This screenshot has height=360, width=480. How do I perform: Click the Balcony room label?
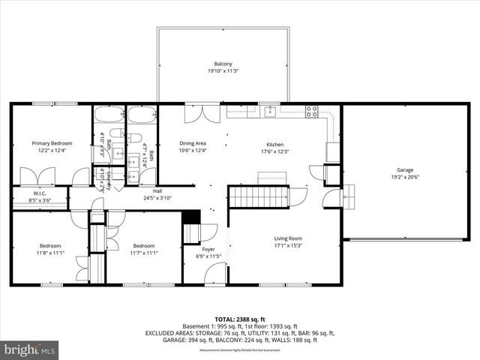click(x=223, y=64)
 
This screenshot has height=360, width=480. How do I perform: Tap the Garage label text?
click(x=406, y=169)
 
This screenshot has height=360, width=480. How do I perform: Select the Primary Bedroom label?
click(x=52, y=142)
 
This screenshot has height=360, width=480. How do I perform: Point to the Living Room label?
click(x=287, y=238)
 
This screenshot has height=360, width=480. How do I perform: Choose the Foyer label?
click(x=208, y=249)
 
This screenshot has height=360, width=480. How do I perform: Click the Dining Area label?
click(x=193, y=142)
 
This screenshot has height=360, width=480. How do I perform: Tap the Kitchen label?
click(x=276, y=144)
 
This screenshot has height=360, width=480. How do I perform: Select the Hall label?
click(x=157, y=191)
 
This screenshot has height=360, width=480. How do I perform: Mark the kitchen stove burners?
click(x=311, y=112)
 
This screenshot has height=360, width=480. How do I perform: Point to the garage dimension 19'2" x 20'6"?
click(x=406, y=177)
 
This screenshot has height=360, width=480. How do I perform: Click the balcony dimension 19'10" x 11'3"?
click(x=223, y=71)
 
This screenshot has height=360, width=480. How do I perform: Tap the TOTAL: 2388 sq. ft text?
click(x=239, y=319)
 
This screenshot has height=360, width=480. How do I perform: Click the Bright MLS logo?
click(x=30, y=349)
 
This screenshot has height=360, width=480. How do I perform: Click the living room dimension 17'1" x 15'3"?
click(x=287, y=246)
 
